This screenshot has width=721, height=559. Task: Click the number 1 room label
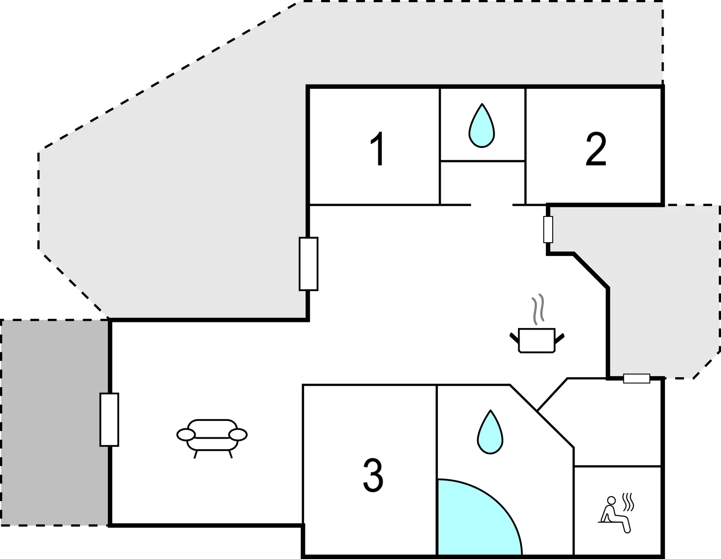click(x=378, y=149)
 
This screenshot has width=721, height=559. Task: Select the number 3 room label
click(x=373, y=475)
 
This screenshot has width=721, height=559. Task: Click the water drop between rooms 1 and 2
click(x=482, y=125)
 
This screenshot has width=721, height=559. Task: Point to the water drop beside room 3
click(x=491, y=432)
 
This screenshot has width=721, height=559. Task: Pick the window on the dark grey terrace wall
click(x=109, y=419)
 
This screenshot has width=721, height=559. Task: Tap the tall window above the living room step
click(x=308, y=264)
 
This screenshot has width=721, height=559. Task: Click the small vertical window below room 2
click(x=548, y=229)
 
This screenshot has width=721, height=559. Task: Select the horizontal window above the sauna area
click(x=637, y=379)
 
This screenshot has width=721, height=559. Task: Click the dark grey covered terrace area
click(x=54, y=422)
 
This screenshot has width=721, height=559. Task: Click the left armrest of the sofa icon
click(x=186, y=435)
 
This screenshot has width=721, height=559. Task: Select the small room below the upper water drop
click(x=483, y=183)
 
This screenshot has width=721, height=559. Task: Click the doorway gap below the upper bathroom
click(x=492, y=205)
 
